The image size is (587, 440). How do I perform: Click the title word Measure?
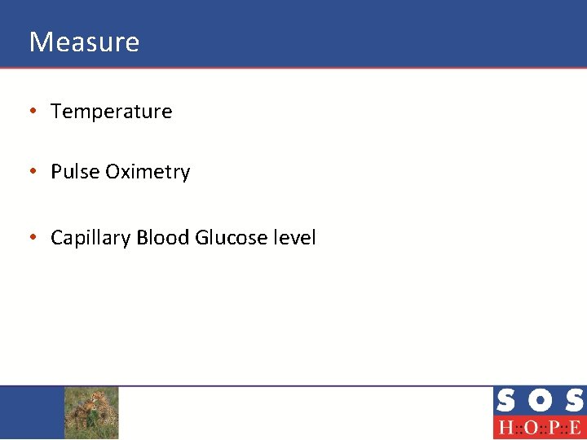tap(84, 42)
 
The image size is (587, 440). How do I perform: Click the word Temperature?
tap(112, 112)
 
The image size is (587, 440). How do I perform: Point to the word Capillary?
tap(90, 238)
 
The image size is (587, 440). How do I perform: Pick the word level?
tap(295, 238)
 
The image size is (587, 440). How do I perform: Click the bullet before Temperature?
tap(32, 112)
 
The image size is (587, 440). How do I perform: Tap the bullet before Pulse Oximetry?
tap(32, 172)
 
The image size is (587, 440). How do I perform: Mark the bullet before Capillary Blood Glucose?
tap(32, 238)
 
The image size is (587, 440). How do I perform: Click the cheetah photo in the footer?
tap(91, 412)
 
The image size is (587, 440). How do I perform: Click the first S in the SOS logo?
tap(505, 401)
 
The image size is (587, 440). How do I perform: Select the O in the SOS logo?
tap(540, 401)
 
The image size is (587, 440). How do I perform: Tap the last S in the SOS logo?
tap(573, 401)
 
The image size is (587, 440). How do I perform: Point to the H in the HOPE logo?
tap(505, 428)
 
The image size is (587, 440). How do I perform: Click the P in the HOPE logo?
tap(551, 428)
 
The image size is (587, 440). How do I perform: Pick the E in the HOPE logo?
tap(574, 428)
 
